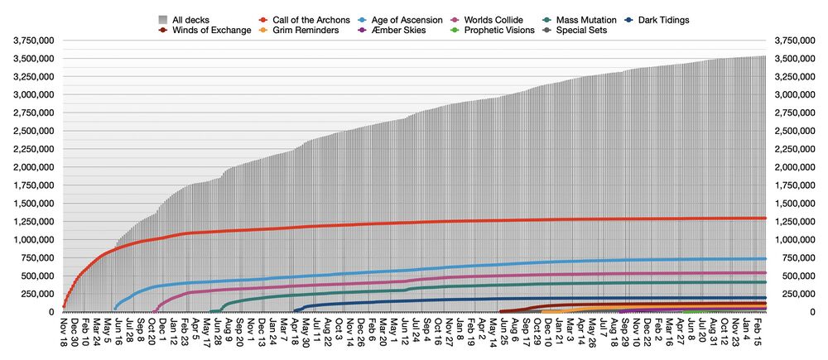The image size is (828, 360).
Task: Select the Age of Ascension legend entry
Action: (x=402, y=19)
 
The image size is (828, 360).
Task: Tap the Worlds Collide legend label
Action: (x=494, y=19)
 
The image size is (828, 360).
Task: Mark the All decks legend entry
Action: (x=190, y=19)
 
